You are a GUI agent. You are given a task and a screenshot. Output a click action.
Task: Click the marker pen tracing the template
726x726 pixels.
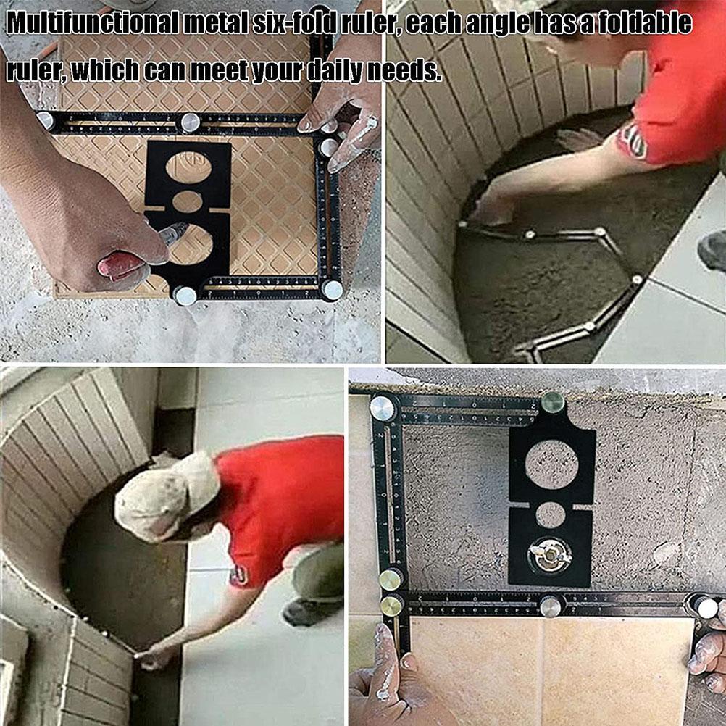[x=171, y=235]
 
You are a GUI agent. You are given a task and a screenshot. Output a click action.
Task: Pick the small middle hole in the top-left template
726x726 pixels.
[x=188, y=201]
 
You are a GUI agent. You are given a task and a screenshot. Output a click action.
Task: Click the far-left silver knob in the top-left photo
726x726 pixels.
[x=46, y=120]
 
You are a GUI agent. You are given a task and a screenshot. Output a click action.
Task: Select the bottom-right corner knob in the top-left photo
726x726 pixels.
[x=333, y=290]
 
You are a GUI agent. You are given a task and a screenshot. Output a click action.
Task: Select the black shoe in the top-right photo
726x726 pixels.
[x=712, y=250]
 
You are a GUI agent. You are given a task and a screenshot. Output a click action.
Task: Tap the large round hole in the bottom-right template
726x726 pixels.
[x=551, y=464]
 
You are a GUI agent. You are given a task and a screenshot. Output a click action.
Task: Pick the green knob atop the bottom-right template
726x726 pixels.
[x=552, y=402]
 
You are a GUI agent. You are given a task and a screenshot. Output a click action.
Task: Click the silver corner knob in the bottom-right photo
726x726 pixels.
[x=383, y=409]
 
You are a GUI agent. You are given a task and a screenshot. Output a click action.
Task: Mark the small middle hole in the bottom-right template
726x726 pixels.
[x=551, y=514]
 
